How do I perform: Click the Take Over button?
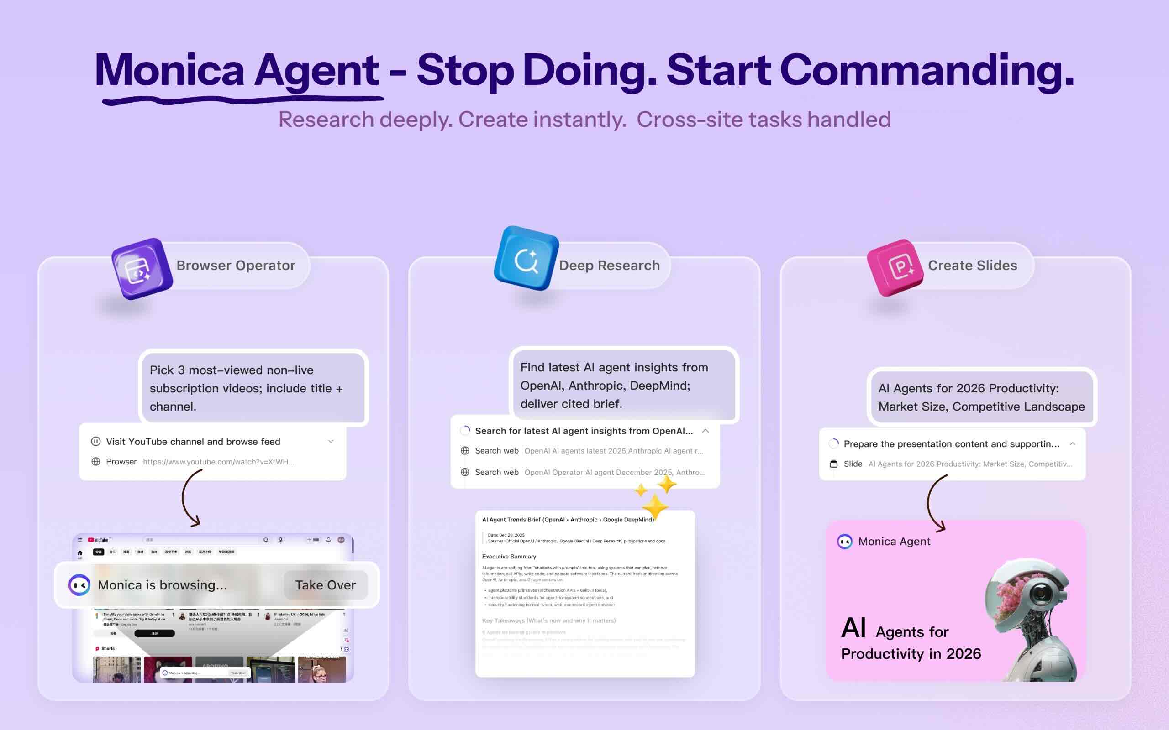(x=325, y=585)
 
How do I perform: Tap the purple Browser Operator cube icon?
(x=142, y=268)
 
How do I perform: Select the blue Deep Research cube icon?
(x=526, y=259)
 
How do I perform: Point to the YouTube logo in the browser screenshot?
(x=98, y=540)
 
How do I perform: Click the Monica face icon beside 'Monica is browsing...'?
(x=79, y=585)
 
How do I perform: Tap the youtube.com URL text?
(x=218, y=462)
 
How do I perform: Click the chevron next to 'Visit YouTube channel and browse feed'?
(x=331, y=441)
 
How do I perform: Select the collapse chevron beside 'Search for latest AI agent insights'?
(x=705, y=431)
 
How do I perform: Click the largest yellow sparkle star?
(x=654, y=507)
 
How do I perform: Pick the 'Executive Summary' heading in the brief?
(x=509, y=557)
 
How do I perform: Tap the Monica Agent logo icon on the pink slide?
(x=844, y=542)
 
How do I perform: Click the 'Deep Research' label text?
(x=609, y=266)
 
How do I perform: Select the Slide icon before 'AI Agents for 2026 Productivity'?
(x=833, y=464)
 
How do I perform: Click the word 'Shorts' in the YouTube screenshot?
(x=108, y=648)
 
